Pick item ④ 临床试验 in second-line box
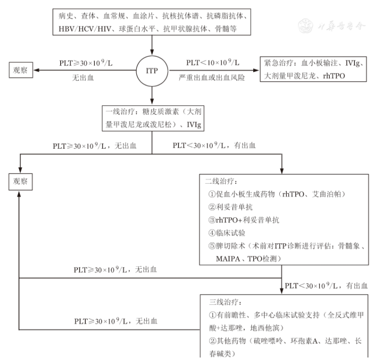coord(227,233)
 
